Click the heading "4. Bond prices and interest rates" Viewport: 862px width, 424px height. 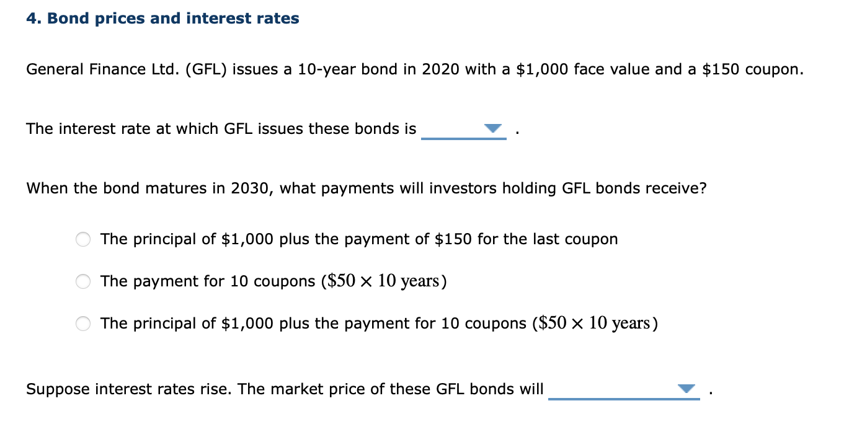tap(162, 19)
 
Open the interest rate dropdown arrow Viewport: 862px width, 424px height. tap(493, 128)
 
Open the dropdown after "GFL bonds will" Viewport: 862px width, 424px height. tap(686, 389)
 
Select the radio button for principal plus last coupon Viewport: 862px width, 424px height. tap(84, 239)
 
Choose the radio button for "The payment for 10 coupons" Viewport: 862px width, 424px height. tap(84, 281)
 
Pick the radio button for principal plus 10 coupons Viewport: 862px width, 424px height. tap(84, 324)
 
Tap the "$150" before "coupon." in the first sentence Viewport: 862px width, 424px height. tap(721, 69)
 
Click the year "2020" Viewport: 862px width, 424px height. tap(440, 69)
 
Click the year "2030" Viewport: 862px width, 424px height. tap(250, 188)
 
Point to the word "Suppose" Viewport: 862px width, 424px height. tap(53, 389)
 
